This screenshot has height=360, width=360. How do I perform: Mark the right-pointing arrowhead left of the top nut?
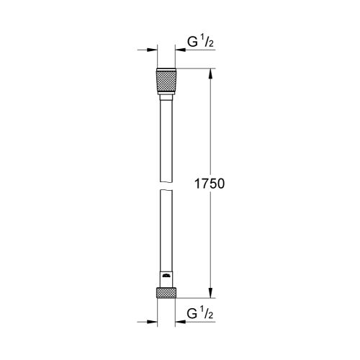click(x=152, y=50)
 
